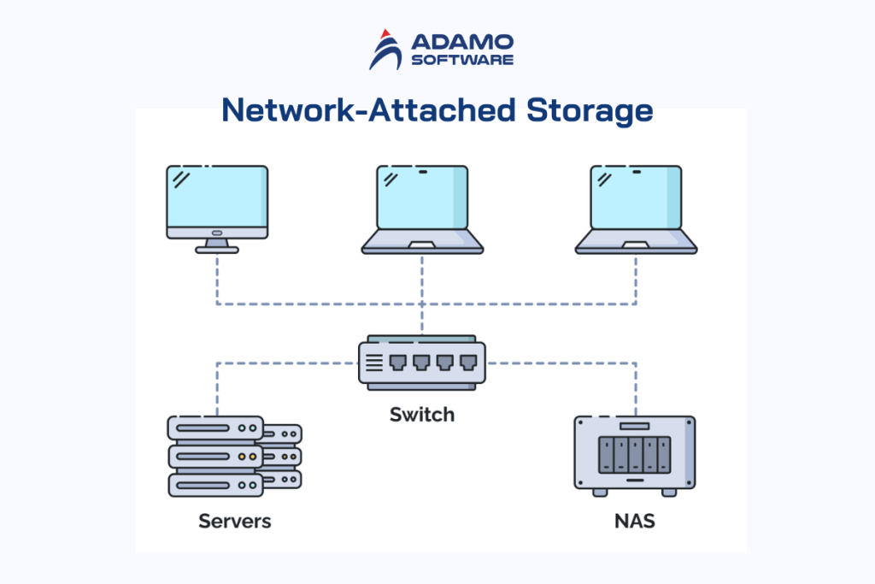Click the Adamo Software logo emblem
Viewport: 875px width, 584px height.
(x=385, y=49)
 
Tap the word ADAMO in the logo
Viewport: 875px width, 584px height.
(x=461, y=42)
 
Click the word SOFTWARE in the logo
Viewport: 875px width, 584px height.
(x=461, y=60)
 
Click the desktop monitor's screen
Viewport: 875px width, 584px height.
(x=217, y=196)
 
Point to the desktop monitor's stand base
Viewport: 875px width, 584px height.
(x=217, y=250)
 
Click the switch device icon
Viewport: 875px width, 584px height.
(x=422, y=363)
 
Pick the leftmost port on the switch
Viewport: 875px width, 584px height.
(x=397, y=363)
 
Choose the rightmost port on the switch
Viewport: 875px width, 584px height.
(x=467, y=363)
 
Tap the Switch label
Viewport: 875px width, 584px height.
(x=422, y=416)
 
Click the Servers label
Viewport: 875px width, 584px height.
(x=234, y=520)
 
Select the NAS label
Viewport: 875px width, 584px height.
(x=635, y=520)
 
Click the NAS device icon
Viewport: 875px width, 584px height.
(x=635, y=455)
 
